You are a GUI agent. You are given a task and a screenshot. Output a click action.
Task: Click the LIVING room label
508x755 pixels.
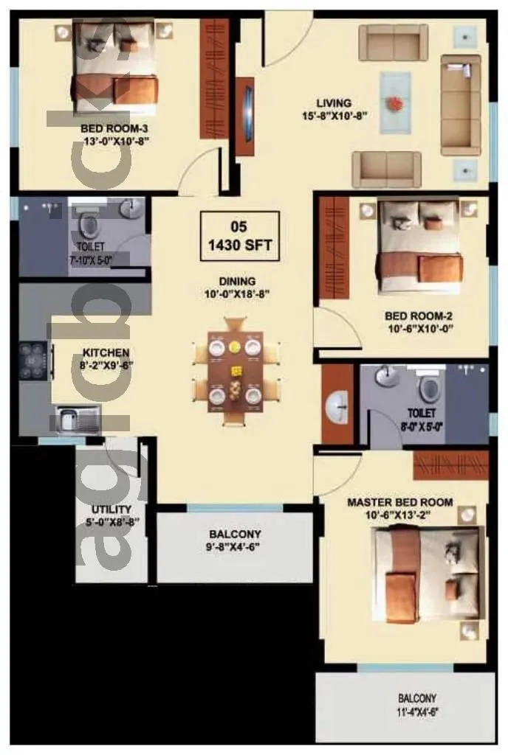coord(334,103)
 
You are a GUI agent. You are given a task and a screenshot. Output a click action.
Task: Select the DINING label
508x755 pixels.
coord(237,281)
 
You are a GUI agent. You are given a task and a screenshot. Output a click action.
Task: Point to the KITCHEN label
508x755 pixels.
coord(106,353)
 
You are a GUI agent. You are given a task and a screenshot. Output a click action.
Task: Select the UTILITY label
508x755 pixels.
coord(111,509)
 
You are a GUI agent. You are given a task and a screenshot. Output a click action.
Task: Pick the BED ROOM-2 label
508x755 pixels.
coord(419,316)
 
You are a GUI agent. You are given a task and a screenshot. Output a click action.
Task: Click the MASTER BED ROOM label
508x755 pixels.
coord(400,503)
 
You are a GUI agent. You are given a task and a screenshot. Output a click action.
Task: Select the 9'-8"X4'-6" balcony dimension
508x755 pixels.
coord(235,547)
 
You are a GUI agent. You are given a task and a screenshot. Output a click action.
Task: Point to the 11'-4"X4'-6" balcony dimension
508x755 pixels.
coord(417,712)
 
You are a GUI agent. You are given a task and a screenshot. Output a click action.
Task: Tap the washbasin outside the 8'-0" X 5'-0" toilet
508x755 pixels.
coord(338,403)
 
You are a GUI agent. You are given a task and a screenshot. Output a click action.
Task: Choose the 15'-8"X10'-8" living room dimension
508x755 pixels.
coord(333,116)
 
